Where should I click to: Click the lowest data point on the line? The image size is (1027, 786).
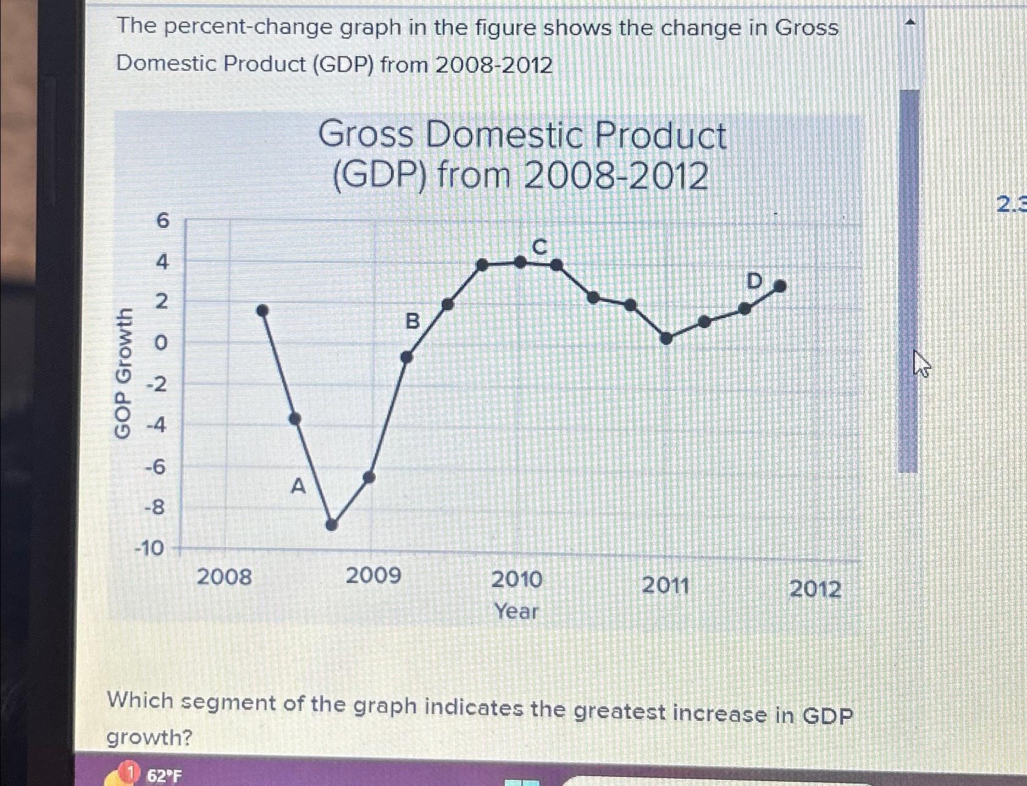[x=331, y=525]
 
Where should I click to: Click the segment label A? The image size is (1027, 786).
[x=297, y=487]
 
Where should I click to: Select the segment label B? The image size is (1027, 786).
[x=413, y=321]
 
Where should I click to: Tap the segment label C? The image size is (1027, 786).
[x=539, y=247]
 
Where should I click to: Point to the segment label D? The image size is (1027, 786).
[x=755, y=282]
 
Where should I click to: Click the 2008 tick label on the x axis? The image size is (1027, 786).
[x=224, y=577]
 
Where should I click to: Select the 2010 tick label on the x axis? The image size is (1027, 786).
[x=517, y=579]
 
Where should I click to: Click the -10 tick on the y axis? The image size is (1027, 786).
[x=150, y=548]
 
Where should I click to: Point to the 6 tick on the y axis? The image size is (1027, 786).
[x=162, y=220]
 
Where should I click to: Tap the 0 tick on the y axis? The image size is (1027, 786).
[x=160, y=344]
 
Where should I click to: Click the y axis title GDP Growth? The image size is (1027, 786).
[x=123, y=373]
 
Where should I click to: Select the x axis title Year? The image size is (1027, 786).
[x=516, y=611]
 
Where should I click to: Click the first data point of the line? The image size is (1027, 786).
[x=262, y=310]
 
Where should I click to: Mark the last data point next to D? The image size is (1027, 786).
[x=780, y=285]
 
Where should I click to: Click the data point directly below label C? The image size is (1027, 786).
[x=521, y=262]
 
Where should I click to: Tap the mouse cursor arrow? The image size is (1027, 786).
[x=920, y=364]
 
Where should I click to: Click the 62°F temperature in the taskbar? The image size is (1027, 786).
[x=164, y=776]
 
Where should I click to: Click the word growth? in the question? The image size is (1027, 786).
[x=149, y=738]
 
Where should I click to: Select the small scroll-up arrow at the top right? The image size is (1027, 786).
[x=910, y=23]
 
